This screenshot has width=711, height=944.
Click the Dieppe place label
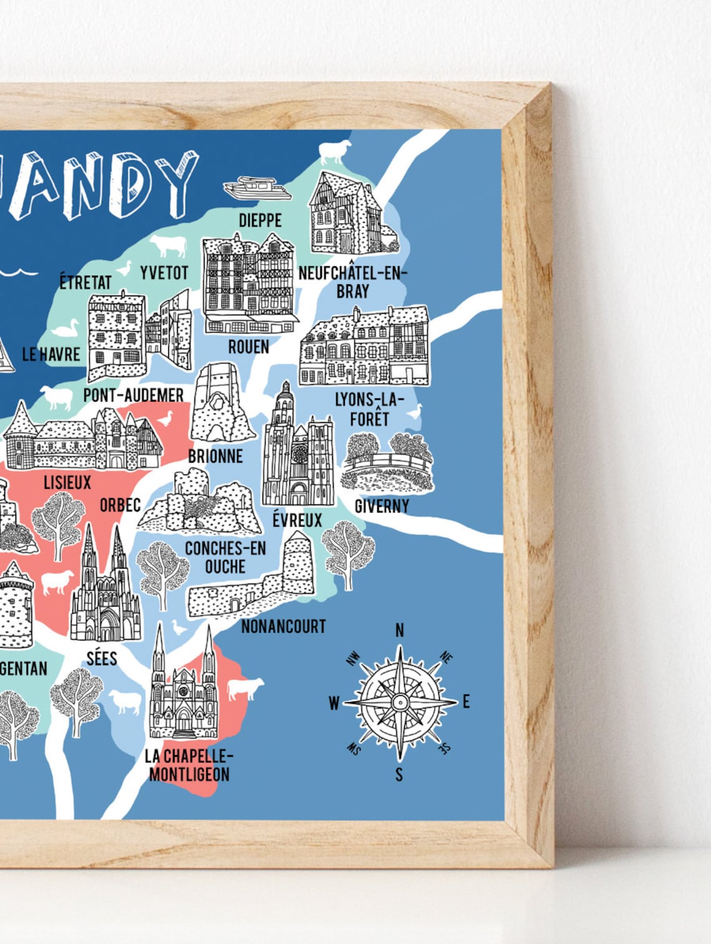point(260,220)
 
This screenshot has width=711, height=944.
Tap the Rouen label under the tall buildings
point(248,347)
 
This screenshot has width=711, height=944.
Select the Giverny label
point(382,506)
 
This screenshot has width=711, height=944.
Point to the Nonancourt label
point(283,626)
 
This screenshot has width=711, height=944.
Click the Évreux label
point(297,519)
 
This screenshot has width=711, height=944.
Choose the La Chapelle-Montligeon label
point(189,765)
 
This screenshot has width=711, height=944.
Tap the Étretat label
point(85,282)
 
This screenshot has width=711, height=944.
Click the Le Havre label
point(51,354)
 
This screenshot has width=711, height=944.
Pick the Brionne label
point(215,456)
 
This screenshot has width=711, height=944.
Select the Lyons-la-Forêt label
point(369,409)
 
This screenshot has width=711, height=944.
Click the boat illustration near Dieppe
point(257,188)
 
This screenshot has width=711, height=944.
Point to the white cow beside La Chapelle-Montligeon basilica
point(245,689)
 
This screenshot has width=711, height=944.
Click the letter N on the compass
point(400,630)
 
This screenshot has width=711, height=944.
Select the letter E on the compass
point(466,701)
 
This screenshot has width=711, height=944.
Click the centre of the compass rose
point(400,703)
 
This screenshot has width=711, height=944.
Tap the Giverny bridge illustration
point(387,465)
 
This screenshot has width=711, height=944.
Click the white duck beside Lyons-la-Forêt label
point(415,412)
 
